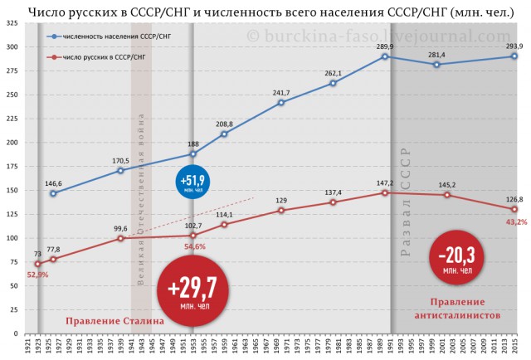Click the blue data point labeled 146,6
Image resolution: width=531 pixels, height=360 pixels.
point(54,193)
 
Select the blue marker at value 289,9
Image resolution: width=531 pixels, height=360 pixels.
point(385,56)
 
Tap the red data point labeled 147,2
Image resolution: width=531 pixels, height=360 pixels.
point(385,192)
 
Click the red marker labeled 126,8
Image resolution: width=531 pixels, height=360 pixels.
point(514,209)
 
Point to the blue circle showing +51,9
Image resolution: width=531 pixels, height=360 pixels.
point(192,182)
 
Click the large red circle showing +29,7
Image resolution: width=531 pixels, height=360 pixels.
point(192,291)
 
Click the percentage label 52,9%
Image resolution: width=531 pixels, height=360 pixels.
point(38,275)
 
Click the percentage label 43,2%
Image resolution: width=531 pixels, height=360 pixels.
point(514,222)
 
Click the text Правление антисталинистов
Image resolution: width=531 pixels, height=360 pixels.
point(457,309)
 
